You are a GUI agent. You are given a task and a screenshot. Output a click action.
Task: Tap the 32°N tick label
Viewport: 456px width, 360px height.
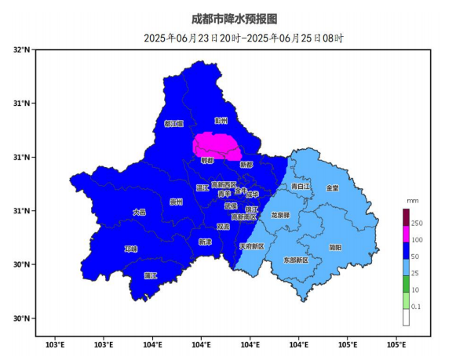21,49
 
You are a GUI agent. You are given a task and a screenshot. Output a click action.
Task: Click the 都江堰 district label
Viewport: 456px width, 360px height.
173,123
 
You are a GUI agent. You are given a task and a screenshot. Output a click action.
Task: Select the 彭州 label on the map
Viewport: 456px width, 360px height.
221,120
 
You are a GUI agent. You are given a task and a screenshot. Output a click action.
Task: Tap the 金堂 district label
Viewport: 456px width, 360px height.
333,187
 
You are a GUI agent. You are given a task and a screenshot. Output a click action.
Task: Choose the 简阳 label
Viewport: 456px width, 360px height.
335,247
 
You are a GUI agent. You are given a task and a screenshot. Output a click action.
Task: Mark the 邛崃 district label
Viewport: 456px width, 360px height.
130,249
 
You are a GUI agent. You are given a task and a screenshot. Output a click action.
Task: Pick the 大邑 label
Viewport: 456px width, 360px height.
139,211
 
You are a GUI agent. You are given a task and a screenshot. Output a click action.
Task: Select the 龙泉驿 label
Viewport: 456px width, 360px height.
280,214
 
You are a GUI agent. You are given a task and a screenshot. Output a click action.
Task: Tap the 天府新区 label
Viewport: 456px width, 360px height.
252,245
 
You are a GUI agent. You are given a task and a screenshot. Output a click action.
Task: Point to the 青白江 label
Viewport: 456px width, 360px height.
299,187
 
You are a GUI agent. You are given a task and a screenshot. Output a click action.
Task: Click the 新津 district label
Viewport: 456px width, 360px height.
205,241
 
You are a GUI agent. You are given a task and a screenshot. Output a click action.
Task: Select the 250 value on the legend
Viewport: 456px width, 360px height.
417,224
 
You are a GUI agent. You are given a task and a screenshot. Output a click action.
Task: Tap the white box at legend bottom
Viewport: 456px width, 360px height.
407,318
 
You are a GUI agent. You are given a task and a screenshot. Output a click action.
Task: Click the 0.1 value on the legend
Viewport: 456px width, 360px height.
416,306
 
